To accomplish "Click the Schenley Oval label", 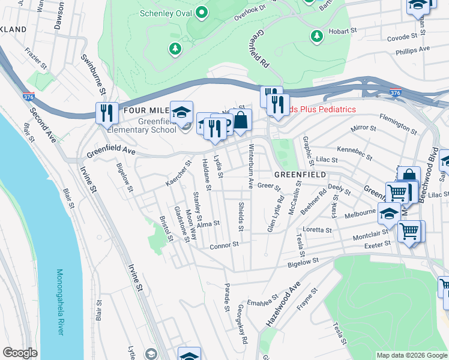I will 164,13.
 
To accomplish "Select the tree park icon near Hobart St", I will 316,37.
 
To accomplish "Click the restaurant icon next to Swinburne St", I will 106,113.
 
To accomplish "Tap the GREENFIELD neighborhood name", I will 300,174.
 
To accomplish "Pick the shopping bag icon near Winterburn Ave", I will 240,120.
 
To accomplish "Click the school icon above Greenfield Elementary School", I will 180,112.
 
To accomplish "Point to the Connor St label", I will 224,245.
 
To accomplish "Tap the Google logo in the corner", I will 20,352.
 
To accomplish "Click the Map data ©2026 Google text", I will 412,355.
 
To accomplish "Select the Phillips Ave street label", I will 412,50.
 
